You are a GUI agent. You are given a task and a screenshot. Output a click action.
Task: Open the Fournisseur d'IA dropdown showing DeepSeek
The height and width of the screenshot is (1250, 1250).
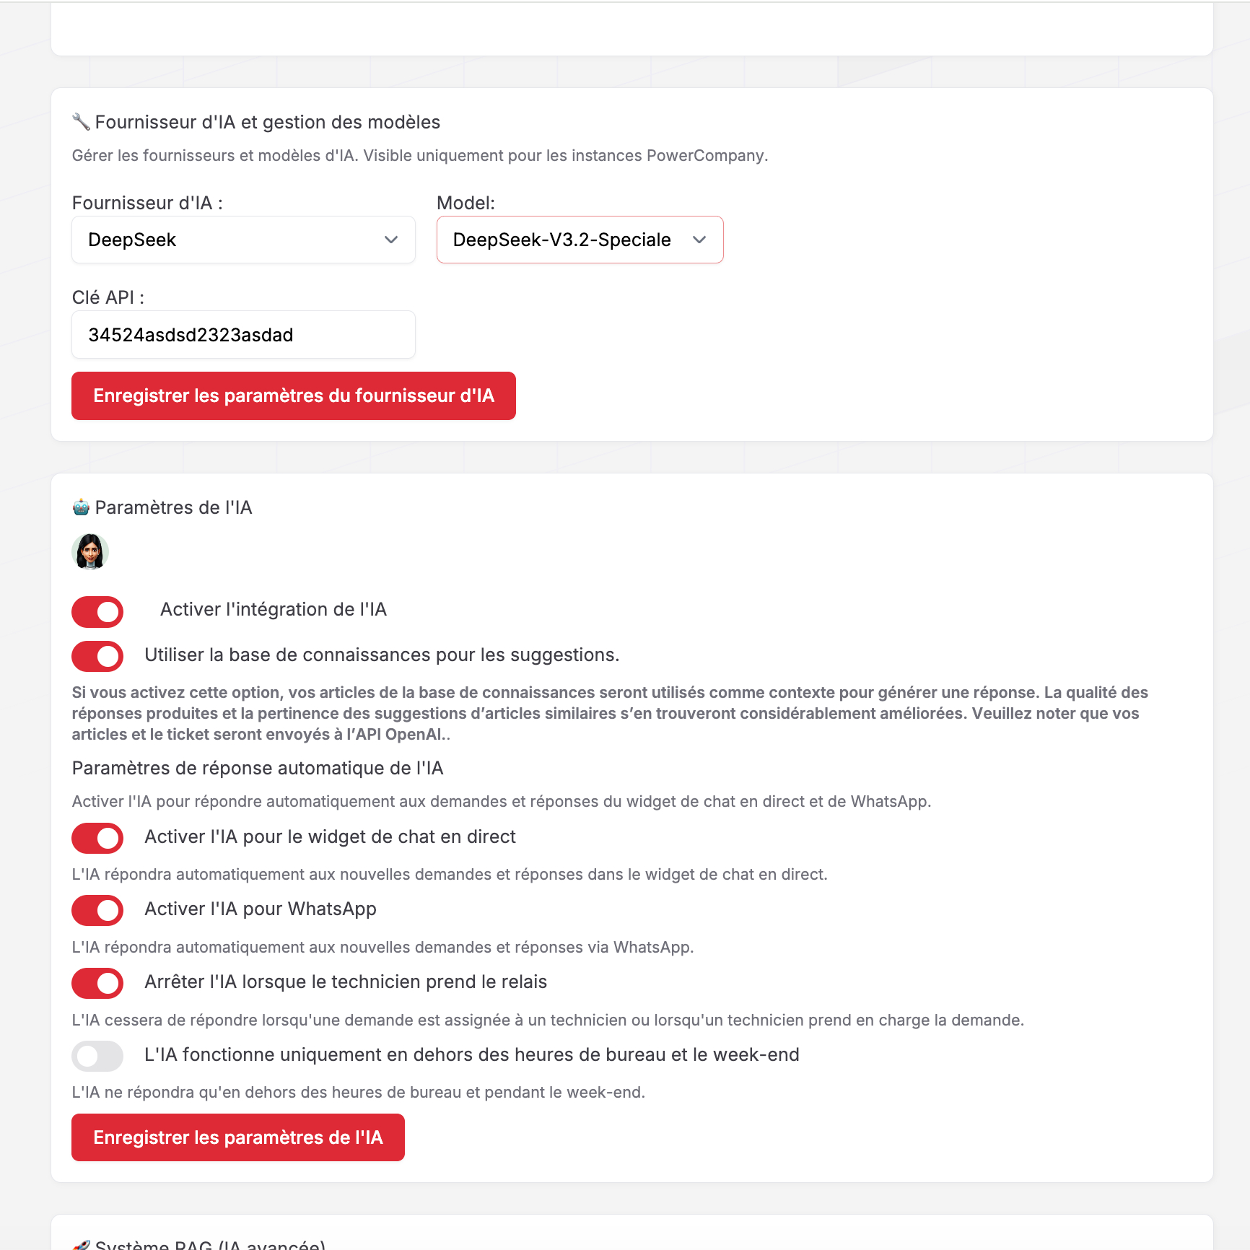(242, 240)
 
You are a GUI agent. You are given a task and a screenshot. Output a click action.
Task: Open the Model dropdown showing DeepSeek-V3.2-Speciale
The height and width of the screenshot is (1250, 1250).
(579, 240)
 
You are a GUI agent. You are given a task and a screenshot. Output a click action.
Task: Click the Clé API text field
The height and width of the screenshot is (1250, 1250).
(242, 335)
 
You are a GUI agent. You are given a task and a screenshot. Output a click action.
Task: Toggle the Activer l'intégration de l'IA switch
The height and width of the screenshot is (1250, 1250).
(97, 612)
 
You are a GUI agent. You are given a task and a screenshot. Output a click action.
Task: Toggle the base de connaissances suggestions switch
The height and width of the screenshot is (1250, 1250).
(97, 656)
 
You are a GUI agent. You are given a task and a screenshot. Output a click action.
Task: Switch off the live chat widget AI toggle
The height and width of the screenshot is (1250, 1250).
(97, 838)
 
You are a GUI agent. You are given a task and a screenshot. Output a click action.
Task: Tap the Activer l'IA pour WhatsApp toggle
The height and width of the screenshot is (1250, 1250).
(97, 910)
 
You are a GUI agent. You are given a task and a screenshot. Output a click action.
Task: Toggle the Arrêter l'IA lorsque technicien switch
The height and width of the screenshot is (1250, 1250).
(97, 983)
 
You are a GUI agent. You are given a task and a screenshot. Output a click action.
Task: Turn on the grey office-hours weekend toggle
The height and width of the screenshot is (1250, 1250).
(97, 1056)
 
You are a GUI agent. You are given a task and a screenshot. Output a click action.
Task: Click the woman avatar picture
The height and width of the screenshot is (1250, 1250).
(90, 552)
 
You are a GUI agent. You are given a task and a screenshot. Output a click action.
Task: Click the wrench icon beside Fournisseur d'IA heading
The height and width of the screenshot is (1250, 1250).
(81, 122)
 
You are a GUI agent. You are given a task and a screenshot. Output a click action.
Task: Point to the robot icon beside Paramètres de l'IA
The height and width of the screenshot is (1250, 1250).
(81, 507)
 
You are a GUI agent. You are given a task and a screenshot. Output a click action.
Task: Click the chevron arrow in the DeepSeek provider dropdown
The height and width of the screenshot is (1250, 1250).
(391, 240)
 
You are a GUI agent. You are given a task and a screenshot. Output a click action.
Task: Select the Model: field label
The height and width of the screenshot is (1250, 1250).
(466, 204)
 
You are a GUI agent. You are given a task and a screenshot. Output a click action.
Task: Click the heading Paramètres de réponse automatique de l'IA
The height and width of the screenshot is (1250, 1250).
(258, 769)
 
